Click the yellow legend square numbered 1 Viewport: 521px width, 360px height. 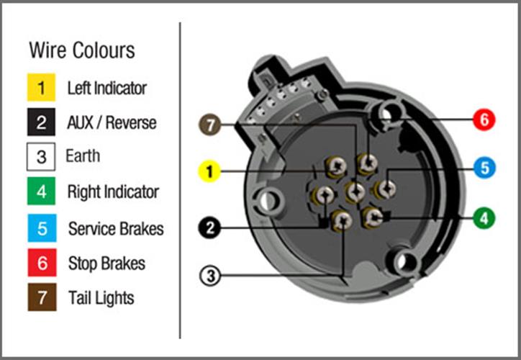[42, 88]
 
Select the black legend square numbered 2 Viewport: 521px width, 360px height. [42, 122]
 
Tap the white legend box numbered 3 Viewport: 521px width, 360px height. [42, 157]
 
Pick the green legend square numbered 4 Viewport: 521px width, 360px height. [42, 192]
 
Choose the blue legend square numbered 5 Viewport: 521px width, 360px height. [42, 228]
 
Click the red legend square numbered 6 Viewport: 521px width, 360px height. [42, 263]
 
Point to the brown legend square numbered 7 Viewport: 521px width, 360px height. [42, 298]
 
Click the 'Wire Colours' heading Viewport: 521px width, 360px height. [81, 50]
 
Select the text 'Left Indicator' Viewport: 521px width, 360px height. [107, 88]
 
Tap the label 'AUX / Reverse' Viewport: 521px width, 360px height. [112, 122]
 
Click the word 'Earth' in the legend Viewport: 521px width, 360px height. [83, 156]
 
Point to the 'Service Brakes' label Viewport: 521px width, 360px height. [116, 229]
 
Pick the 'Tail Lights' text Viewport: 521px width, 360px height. [101, 297]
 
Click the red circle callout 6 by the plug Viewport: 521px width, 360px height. [484, 120]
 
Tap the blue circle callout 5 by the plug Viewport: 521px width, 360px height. [484, 168]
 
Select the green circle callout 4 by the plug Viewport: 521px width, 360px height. [484, 216]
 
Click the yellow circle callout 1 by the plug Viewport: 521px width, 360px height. [209, 171]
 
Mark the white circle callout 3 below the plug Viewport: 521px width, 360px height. [209, 274]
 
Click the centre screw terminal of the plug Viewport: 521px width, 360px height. [355, 192]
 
